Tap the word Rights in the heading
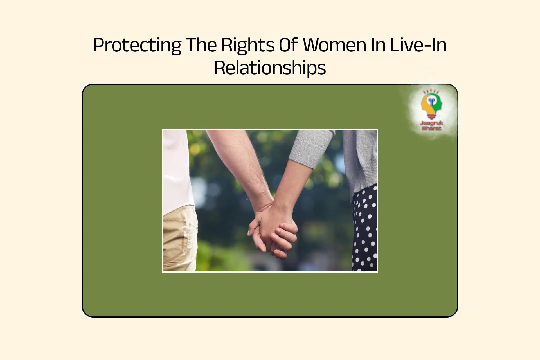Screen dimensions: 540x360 click(247, 45)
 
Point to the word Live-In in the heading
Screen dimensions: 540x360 click(418, 45)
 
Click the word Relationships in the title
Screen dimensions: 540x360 click(270, 68)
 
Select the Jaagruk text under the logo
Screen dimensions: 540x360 click(431, 123)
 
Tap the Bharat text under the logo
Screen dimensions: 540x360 click(431, 128)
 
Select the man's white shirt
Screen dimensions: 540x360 click(177, 169)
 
